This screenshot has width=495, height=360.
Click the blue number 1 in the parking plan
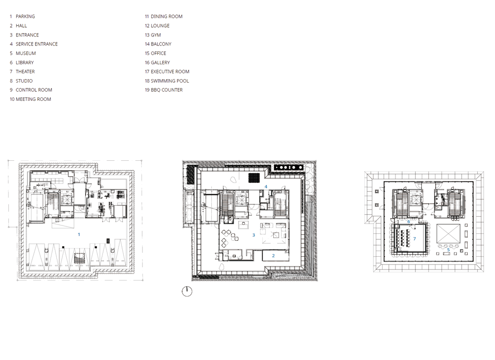point(79,234)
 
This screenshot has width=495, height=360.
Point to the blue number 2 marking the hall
point(273,256)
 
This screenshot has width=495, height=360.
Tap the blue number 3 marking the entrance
point(253,235)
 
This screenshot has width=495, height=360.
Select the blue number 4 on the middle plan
point(266,186)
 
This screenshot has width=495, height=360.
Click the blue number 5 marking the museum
point(448,250)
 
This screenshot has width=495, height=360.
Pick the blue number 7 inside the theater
point(414,239)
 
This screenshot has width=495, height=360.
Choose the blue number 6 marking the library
point(408,222)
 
